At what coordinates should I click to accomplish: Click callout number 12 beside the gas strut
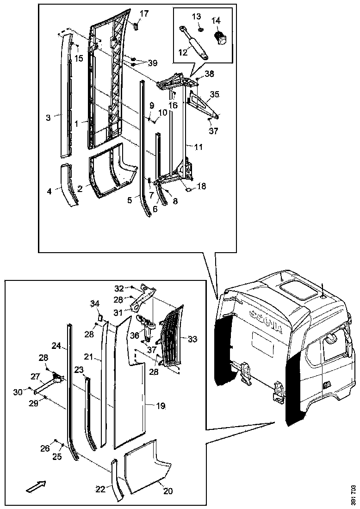[183, 52]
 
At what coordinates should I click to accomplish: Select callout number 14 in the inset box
[216, 21]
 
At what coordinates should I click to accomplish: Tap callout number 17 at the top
[144, 13]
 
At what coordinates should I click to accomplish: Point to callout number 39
[152, 63]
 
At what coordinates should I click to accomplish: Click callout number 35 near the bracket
[214, 94]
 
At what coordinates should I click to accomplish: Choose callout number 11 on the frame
[198, 147]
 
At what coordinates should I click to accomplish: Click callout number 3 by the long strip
[48, 118]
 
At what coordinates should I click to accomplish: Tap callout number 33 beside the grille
[192, 339]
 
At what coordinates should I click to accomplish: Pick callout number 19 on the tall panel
[161, 406]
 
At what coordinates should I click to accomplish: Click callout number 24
[56, 345]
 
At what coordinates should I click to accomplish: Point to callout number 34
[94, 303]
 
